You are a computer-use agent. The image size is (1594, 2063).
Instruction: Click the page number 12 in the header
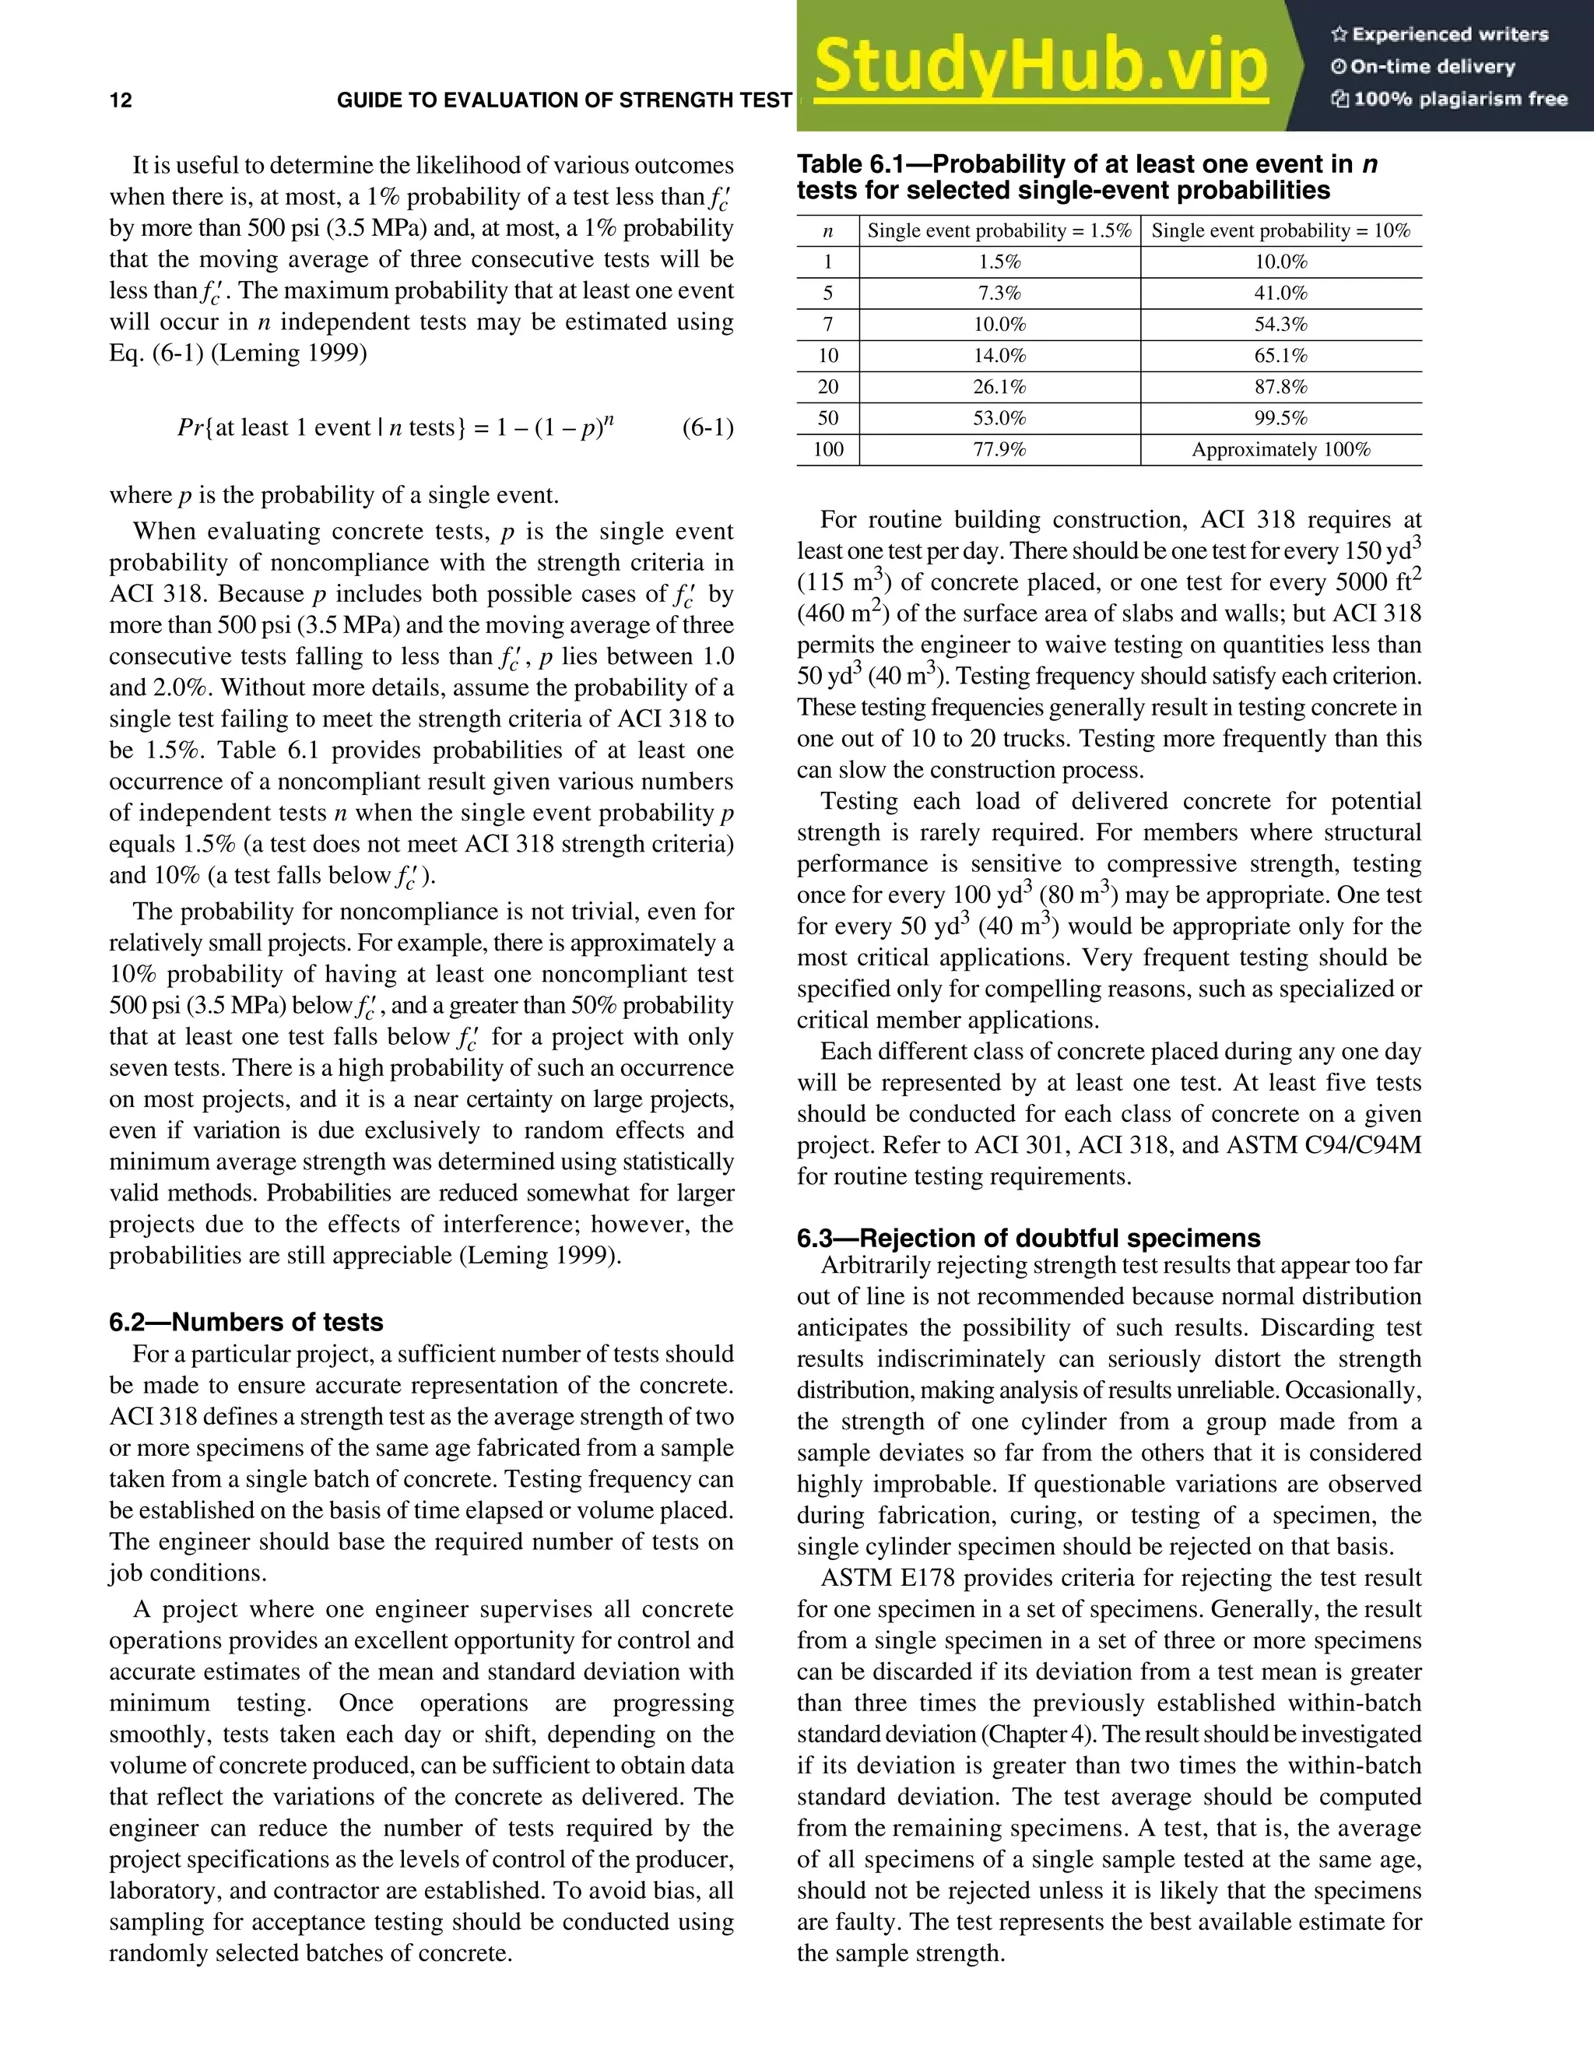click(x=121, y=101)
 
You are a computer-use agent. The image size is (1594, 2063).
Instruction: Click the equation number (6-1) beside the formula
click(x=707, y=428)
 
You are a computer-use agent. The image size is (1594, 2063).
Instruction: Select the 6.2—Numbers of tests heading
click(x=245, y=1322)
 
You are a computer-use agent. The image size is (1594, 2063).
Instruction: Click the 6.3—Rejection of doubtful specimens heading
click(x=1028, y=1239)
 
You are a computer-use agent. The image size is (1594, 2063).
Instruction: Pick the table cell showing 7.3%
click(x=999, y=293)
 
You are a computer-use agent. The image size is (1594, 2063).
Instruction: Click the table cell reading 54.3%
click(x=1280, y=325)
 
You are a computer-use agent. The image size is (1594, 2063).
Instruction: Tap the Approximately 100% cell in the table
click(x=1280, y=450)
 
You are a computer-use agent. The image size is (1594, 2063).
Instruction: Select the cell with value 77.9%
click(x=999, y=450)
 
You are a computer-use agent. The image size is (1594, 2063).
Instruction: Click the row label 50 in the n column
click(x=828, y=419)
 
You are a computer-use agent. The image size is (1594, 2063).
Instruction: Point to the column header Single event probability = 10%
click(x=1280, y=230)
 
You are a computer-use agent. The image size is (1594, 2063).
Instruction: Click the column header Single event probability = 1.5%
click(x=999, y=230)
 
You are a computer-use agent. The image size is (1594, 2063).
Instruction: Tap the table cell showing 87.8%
click(x=1280, y=387)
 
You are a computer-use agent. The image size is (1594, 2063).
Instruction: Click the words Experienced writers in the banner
click(x=1449, y=35)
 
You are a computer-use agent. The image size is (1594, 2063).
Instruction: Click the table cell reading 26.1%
click(x=999, y=387)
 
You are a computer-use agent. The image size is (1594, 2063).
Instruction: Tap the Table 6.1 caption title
click(x=1086, y=177)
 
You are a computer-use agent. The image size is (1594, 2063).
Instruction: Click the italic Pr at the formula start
click(x=190, y=428)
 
